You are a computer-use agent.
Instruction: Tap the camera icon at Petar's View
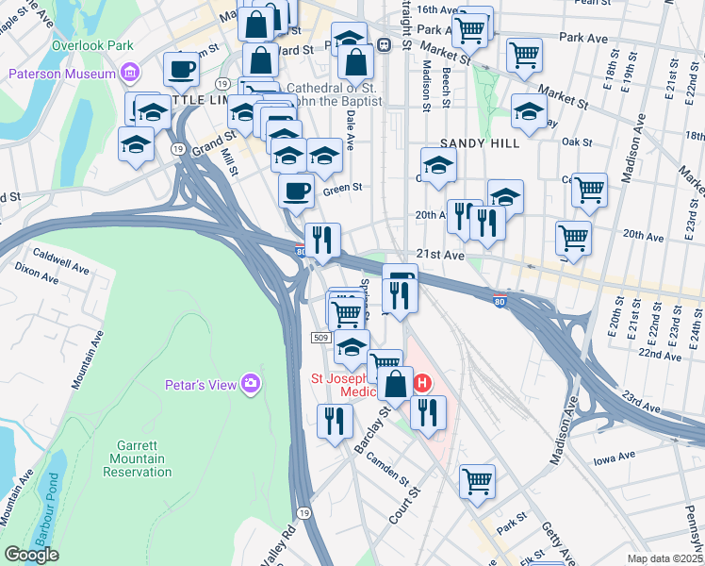[251, 382]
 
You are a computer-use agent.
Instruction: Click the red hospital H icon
[422, 383]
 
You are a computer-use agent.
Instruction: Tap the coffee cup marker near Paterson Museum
[181, 69]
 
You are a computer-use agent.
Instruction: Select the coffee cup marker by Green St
[296, 191]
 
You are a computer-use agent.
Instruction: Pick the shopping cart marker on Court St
[477, 480]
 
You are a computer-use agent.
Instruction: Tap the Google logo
[31, 555]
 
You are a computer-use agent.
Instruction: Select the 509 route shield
[320, 337]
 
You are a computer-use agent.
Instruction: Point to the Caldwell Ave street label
[59, 255]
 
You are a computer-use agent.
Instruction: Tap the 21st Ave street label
[441, 256]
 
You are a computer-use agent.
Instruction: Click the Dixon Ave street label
[37, 269]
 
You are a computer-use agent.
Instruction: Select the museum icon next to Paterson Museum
[130, 74]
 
